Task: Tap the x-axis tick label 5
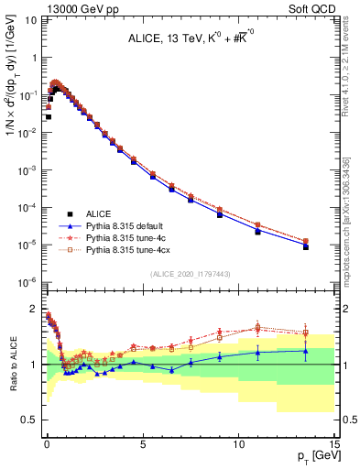pos(142,443)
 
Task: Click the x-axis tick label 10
pos(238,443)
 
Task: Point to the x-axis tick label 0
pos(47,443)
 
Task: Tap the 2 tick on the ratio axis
pos(34,309)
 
